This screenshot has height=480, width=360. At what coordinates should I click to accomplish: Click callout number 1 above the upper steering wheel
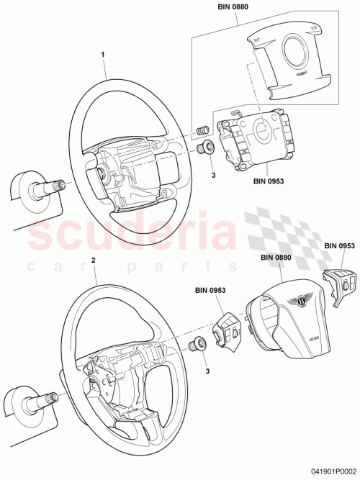pos(103,54)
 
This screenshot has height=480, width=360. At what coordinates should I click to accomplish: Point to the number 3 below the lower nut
pos(208,371)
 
